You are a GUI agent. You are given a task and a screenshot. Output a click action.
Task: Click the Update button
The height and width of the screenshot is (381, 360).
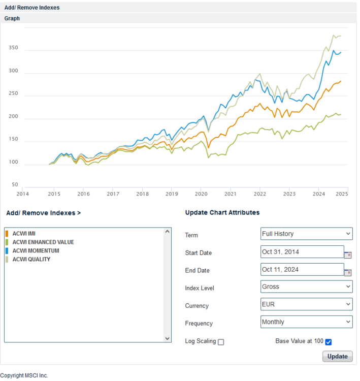click(x=338, y=356)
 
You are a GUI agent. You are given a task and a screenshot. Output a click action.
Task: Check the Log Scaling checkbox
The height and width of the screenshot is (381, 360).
click(x=221, y=342)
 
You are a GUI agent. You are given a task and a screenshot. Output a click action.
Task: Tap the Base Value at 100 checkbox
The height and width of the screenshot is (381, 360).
click(x=329, y=342)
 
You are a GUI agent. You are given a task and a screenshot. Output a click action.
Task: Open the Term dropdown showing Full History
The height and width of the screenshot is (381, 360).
click(x=307, y=234)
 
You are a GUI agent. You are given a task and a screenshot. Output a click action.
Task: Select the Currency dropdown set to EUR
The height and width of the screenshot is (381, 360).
click(x=307, y=304)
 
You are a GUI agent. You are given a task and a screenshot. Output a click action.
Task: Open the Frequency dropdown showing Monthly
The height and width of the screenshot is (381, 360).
click(x=307, y=322)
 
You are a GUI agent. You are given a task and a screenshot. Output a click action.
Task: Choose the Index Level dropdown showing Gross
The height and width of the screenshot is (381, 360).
click(x=307, y=287)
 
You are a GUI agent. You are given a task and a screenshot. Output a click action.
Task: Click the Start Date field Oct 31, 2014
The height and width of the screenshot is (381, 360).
click(x=302, y=252)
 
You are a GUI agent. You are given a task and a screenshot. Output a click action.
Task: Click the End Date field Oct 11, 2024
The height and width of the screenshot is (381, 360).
click(x=302, y=269)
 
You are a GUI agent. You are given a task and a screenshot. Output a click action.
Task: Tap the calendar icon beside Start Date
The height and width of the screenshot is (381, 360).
click(x=348, y=255)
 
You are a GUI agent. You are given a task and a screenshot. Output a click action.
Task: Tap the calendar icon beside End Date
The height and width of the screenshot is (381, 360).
click(x=348, y=273)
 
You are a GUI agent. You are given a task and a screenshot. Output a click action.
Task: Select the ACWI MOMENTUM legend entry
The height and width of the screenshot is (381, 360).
click(x=36, y=251)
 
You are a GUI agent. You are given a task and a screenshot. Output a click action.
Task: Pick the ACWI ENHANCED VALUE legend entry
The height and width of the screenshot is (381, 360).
click(x=43, y=242)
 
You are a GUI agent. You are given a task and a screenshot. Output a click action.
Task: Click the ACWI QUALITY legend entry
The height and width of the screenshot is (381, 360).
click(x=31, y=260)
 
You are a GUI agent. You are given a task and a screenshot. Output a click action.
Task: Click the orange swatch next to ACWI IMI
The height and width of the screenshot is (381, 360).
click(x=7, y=234)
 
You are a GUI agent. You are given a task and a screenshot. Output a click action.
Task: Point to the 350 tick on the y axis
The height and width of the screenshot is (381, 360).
click(x=13, y=48)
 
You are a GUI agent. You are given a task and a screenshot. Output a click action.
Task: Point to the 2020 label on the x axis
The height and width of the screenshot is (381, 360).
click(x=201, y=194)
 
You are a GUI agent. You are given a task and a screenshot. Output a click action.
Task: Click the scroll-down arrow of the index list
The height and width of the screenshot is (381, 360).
click(x=167, y=338)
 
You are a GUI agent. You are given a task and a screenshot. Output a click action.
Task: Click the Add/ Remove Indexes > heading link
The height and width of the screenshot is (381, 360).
click(x=44, y=213)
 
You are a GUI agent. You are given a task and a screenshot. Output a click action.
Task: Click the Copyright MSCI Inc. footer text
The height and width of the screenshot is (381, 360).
click(x=24, y=375)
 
